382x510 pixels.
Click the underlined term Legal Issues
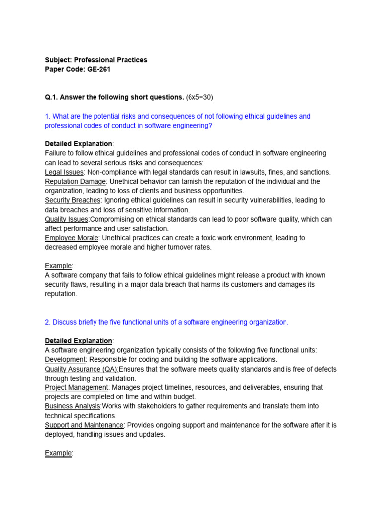click(64, 172)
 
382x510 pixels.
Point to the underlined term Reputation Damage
click(75, 182)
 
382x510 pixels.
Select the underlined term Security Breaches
click(73, 200)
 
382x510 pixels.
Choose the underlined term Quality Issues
click(67, 219)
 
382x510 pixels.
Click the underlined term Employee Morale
click(71, 238)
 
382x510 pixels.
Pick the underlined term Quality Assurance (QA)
click(82, 369)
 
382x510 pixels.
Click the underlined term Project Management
click(76, 387)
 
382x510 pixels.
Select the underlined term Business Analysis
click(73, 406)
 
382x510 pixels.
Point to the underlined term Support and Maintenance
click(84, 425)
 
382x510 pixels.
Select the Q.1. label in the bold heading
click(51, 97)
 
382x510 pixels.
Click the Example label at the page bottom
click(58, 453)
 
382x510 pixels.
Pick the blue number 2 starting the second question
click(47, 322)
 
